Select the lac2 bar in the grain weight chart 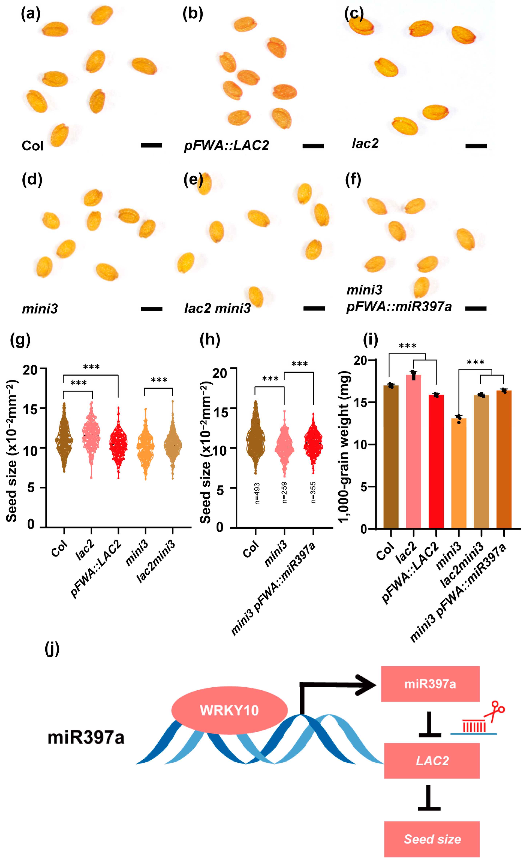click(413, 451)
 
